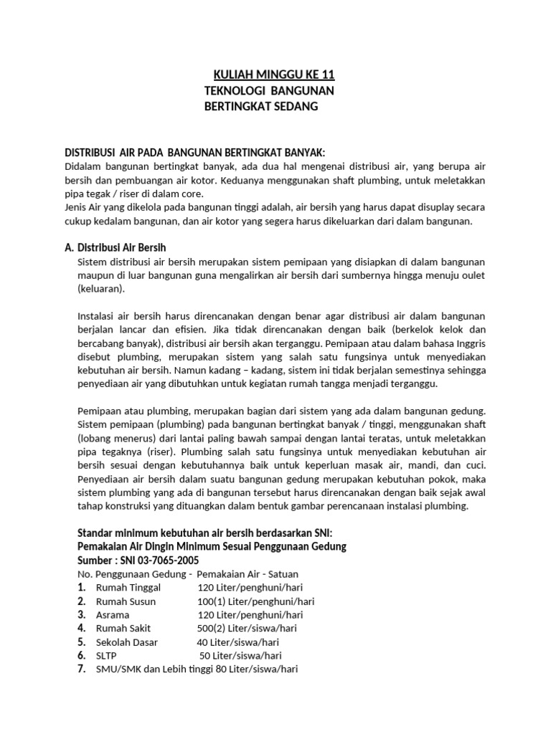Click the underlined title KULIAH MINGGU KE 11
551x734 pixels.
pos(275,75)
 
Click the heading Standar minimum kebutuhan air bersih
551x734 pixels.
pos(204,533)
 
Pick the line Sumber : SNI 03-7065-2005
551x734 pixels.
pos(138,560)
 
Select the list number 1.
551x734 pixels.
pos(82,588)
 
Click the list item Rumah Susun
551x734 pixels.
pos(126,601)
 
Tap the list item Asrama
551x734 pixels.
pos(112,615)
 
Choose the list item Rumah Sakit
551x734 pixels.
pos(123,629)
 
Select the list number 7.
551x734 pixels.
pos(82,669)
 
